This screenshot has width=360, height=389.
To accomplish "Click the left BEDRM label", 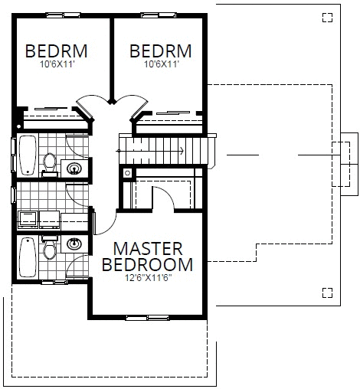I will point(56,51).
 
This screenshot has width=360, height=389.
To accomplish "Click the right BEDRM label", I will point(160,51).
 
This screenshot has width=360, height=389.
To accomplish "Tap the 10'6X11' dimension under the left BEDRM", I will point(56,65).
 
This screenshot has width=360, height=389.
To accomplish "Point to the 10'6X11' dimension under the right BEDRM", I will point(160,65).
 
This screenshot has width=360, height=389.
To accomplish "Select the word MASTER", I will point(148,249).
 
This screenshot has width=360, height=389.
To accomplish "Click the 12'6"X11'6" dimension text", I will point(148,278).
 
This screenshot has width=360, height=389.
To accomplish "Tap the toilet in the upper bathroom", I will point(50,163).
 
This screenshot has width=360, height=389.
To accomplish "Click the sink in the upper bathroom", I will point(76,168).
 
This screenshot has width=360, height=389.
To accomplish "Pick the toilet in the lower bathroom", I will point(50,250).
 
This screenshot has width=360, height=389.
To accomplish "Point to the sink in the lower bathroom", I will point(75,244).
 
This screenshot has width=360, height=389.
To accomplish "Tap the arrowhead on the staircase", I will point(181,150).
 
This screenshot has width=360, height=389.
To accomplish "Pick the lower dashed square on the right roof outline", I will point(328,291).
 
